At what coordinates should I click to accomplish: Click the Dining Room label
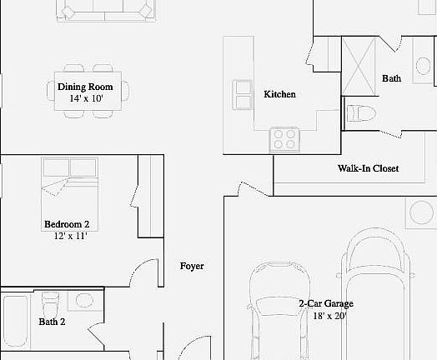[85, 87]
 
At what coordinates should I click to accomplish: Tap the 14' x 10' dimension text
[87, 98]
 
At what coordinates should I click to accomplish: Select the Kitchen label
[280, 94]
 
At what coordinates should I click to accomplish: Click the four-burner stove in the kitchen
[284, 139]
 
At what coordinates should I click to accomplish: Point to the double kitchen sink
[243, 95]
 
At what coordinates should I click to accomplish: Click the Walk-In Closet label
[368, 168]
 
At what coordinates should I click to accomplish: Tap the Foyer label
[192, 266]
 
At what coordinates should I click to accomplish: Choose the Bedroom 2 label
[67, 224]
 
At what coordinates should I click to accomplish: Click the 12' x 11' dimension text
[71, 236]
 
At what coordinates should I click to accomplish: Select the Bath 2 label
[52, 322]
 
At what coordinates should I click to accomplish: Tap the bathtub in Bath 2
[15, 321]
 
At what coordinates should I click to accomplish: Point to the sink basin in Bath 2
[83, 300]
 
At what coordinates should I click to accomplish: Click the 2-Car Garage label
[326, 303]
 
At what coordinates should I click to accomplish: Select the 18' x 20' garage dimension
[330, 316]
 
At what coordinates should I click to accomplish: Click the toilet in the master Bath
[360, 113]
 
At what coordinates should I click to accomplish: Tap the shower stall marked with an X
[359, 67]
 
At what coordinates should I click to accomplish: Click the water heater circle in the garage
[422, 212]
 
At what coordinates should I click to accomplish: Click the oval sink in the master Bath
[423, 66]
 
